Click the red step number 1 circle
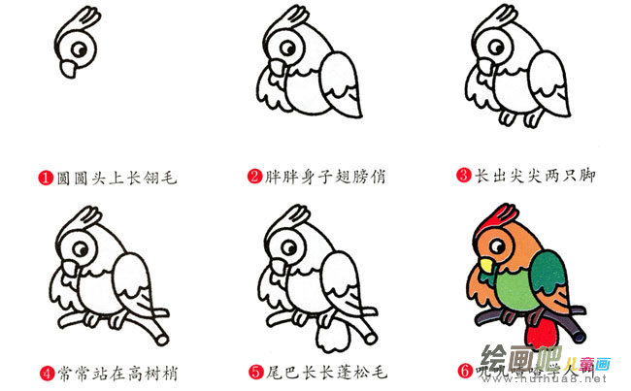(45, 178)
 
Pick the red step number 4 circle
(45, 371)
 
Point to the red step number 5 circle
(255, 371)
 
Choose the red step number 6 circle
(465, 371)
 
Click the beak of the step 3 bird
(483, 68)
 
